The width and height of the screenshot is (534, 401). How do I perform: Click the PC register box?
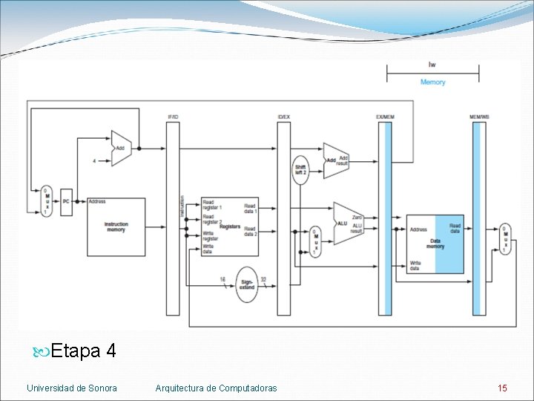pyautogui.click(x=67, y=201)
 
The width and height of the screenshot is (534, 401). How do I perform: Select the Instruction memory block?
pyautogui.click(x=116, y=226)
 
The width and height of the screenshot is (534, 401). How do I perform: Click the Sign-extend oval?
pyautogui.click(x=247, y=284)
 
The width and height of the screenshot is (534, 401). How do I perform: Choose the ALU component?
pyautogui.click(x=346, y=223)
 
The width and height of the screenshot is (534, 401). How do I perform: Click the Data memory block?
pyautogui.click(x=435, y=244)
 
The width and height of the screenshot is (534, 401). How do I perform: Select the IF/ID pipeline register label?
pyautogui.click(x=173, y=117)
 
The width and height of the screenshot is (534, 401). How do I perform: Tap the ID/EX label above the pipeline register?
pyautogui.click(x=284, y=117)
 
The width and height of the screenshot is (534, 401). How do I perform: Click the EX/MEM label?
pyautogui.click(x=385, y=117)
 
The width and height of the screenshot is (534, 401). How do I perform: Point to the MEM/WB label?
pyautogui.click(x=480, y=117)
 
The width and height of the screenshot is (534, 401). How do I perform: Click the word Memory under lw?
pyautogui.click(x=432, y=82)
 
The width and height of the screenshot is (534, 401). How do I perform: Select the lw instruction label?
pyautogui.click(x=432, y=64)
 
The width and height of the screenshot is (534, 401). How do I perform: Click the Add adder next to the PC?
pyautogui.click(x=120, y=149)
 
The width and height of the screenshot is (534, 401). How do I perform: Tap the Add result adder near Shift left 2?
pyautogui.click(x=335, y=160)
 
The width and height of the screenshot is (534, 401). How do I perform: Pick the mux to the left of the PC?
pyautogui.click(x=46, y=200)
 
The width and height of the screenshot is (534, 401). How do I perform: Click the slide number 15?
pyautogui.click(x=502, y=388)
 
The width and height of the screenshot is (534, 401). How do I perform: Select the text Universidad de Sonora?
pyautogui.click(x=72, y=388)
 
